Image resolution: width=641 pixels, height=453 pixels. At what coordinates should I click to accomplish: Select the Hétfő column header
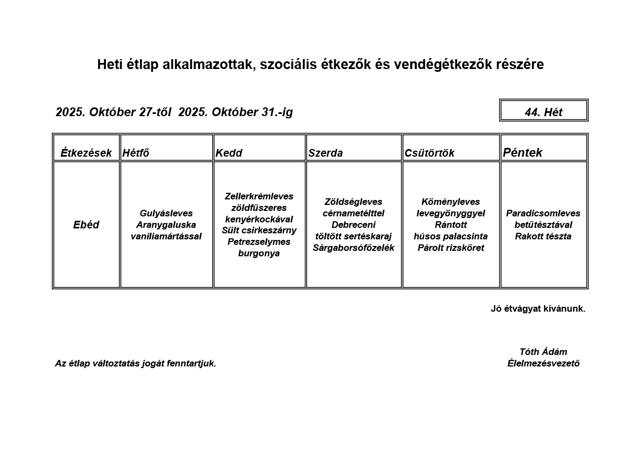click(136, 153)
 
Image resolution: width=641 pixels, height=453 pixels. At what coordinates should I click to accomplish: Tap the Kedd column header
click(229, 153)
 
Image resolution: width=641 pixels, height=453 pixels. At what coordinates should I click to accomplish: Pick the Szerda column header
click(325, 153)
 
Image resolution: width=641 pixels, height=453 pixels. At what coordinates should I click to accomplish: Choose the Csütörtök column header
click(429, 153)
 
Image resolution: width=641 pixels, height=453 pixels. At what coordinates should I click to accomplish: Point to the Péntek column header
click(523, 152)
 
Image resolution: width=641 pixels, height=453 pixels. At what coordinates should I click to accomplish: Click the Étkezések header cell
click(86, 153)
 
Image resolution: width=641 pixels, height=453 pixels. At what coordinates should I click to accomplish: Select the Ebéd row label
click(86, 225)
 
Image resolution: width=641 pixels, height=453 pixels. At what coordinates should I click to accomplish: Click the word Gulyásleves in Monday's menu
click(166, 213)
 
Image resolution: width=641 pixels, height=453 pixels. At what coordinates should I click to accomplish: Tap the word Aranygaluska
click(166, 225)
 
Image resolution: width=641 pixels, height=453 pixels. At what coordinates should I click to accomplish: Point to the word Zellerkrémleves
click(259, 196)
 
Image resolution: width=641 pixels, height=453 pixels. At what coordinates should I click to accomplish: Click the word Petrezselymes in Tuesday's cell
click(259, 242)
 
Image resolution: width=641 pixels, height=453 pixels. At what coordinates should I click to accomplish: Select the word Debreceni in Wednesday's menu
click(354, 225)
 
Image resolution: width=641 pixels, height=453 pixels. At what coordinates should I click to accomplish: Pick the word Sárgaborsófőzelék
click(354, 248)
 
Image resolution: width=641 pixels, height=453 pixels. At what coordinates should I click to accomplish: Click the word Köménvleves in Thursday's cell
click(451, 202)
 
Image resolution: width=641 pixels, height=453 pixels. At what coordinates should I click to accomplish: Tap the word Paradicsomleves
click(543, 213)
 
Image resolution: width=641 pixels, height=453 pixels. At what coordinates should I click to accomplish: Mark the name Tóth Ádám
click(543, 352)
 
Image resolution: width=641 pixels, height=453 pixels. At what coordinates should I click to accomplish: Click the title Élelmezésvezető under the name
click(543, 363)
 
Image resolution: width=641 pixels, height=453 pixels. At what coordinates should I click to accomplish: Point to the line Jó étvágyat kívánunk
click(538, 308)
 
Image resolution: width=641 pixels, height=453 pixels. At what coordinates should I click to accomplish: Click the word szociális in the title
click(286, 65)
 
